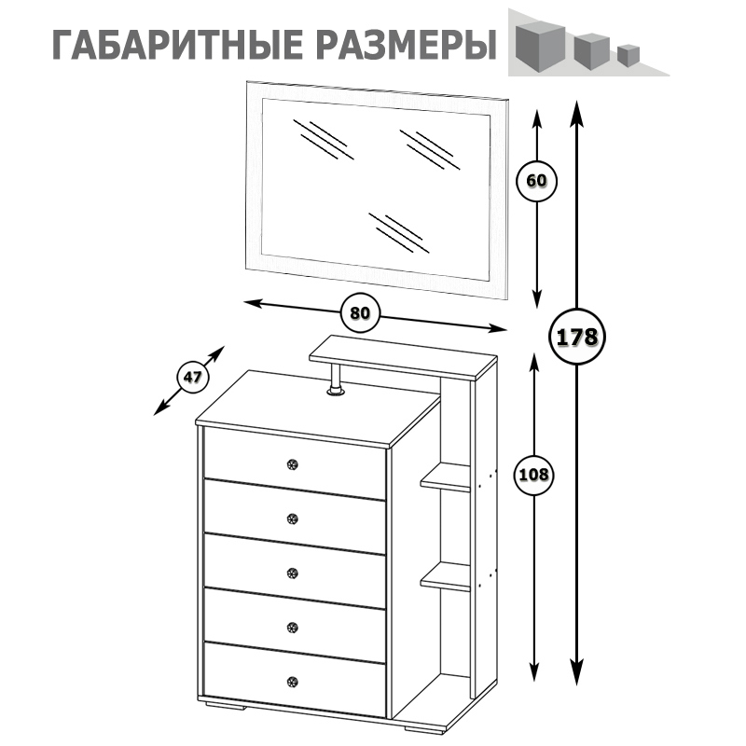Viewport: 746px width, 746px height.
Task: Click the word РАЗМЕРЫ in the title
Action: (403, 46)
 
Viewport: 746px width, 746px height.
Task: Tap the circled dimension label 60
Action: (536, 181)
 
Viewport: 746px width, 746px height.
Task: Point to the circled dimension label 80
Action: (360, 313)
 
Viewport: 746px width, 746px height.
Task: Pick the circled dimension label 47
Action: (193, 378)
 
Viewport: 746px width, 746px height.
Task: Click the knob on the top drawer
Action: (293, 464)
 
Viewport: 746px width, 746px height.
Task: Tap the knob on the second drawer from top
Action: (293, 518)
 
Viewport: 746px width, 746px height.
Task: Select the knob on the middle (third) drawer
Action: (293, 573)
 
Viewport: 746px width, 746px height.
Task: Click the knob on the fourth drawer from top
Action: (293, 626)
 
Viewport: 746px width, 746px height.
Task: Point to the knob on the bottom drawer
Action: (293, 681)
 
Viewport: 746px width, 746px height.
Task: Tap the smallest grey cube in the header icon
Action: (627, 55)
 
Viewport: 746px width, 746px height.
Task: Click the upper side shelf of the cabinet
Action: (446, 479)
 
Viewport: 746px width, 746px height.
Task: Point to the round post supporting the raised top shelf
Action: (335, 381)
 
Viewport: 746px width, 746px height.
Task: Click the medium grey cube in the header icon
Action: (590, 49)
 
